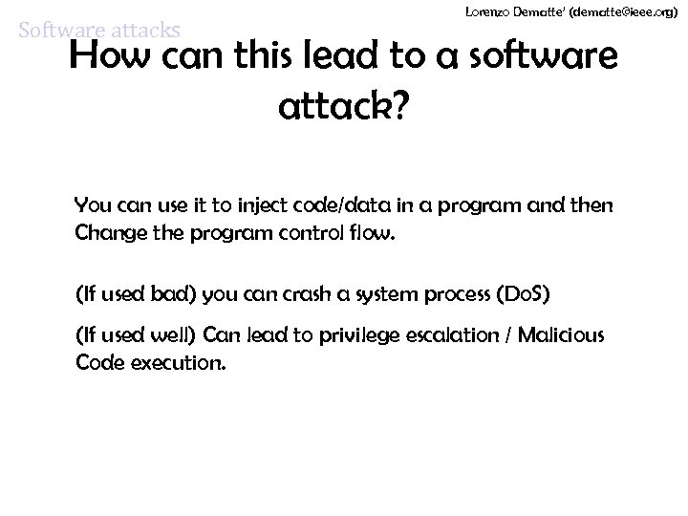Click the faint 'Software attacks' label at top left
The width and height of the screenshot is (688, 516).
click(99, 31)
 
